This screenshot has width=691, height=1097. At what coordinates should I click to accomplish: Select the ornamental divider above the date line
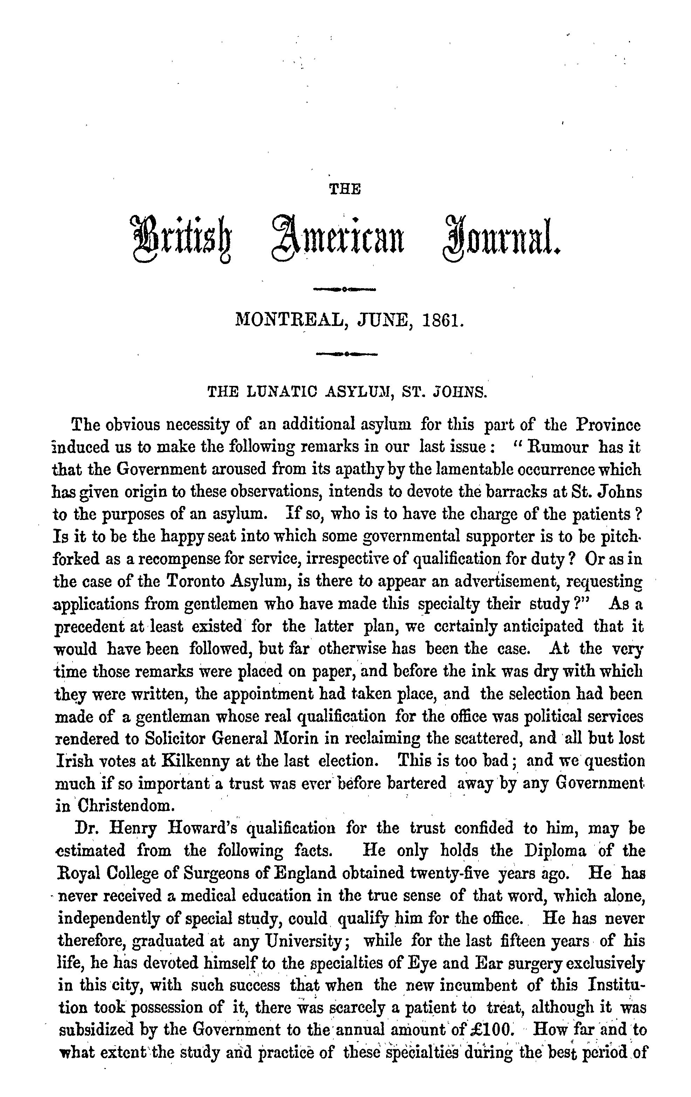point(345,289)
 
